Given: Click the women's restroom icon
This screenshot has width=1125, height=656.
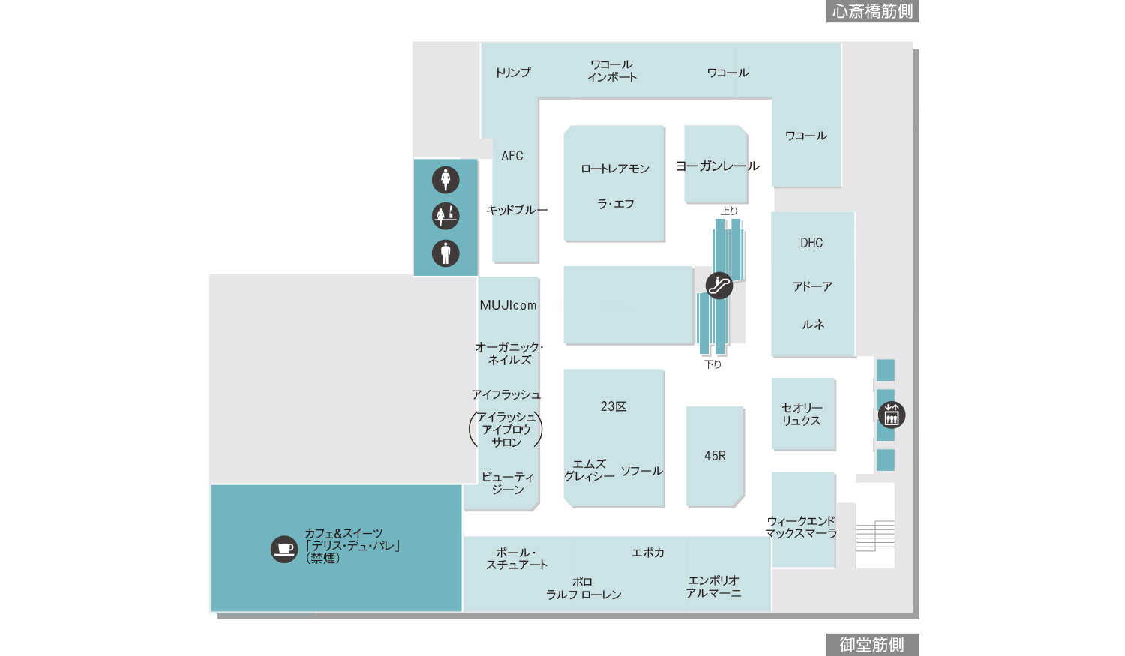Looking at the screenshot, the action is tap(445, 180).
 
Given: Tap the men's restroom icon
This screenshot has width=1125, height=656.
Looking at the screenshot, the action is tap(445, 253).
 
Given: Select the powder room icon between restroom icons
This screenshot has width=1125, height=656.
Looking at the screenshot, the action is tap(445, 216).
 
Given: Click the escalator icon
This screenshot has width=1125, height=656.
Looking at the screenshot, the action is tap(718, 285).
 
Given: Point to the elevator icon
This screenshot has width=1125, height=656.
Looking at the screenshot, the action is tap(892, 415).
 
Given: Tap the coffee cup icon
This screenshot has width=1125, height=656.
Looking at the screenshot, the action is tap(284, 549).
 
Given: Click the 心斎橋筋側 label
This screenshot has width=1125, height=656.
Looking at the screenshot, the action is tap(872, 11).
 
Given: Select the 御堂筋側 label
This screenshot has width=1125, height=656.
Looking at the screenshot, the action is tap(871, 645).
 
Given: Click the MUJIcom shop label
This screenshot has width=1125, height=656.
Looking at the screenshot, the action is tap(508, 305).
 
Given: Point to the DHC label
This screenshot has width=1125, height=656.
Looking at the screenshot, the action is tap(811, 243).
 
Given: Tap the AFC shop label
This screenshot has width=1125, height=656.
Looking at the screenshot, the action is tap(512, 156).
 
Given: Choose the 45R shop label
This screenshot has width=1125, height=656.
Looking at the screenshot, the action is tap(715, 456).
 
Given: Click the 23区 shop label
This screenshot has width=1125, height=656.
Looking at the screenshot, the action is tap(613, 406).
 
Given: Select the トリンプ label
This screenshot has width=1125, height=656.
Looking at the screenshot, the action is tap(513, 73).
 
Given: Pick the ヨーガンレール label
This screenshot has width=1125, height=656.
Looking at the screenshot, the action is tap(717, 166).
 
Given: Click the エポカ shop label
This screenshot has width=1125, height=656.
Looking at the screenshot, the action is tap(647, 553).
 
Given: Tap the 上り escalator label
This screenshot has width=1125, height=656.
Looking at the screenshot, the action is tap(729, 211).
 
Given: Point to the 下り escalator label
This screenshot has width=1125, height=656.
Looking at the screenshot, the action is tap(712, 364).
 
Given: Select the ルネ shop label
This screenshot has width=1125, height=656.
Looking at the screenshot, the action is tap(813, 325).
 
